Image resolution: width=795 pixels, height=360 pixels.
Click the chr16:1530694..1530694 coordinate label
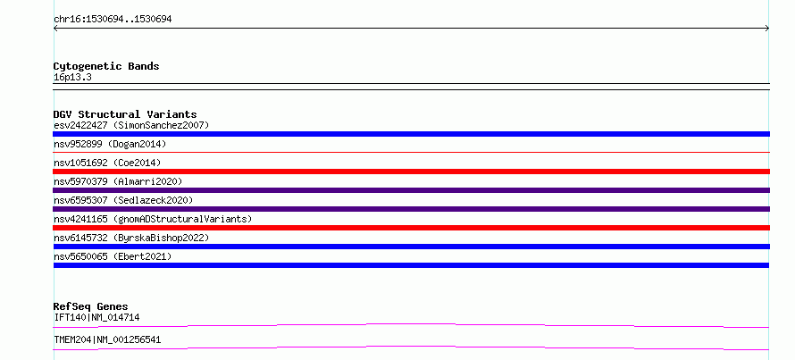click(113, 20)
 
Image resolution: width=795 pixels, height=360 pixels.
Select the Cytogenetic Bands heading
click(106, 66)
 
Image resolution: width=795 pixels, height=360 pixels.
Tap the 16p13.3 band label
click(72, 78)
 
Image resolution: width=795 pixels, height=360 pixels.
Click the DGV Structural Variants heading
click(125, 114)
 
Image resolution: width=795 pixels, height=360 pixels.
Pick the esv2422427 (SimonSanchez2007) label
click(131, 125)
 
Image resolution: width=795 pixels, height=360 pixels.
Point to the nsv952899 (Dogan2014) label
click(110, 144)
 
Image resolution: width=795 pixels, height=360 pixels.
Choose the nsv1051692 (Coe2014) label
click(107, 163)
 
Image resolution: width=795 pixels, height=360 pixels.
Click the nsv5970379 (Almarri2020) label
click(118, 181)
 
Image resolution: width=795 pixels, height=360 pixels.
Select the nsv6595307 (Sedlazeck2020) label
click(123, 200)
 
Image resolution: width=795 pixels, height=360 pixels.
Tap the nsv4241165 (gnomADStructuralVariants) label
click(153, 219)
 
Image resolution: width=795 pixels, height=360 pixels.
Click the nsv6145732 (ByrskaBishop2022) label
click(131, 238)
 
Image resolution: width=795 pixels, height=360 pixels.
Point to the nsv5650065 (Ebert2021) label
click(113, 256)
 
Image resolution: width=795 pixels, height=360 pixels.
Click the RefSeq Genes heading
click(91, 306)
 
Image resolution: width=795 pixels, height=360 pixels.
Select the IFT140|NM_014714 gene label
click(96, 317)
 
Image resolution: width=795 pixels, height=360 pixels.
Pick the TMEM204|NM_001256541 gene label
click(107, 339)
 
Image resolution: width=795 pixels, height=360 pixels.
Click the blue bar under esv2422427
click(411, 134)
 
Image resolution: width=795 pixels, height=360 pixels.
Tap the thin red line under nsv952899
click(411, 152)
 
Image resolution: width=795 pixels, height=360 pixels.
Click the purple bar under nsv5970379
click(411, 190)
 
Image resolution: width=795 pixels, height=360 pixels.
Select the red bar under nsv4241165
click(411, 228)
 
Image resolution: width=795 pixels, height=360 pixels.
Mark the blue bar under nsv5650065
click(411, 265)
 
